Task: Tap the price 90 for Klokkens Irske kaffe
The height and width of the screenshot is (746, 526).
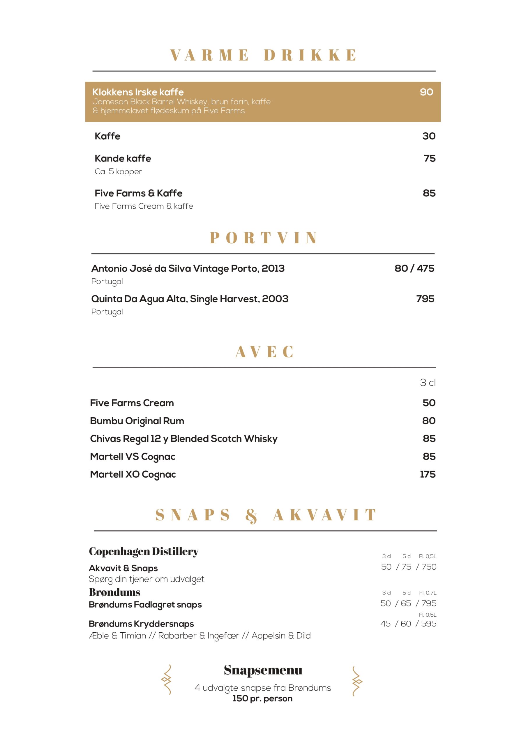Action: click(426, 92)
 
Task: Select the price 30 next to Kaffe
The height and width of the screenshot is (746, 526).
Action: click(429, 136)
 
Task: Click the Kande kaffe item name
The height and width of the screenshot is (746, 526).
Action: click(123, 159)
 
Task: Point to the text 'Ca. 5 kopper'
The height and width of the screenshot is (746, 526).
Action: click(118, 172)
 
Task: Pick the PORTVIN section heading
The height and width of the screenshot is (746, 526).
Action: click(263, 237)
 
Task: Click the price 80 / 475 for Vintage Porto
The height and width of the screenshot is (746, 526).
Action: click(414, 268)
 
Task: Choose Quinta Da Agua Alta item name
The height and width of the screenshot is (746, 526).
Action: click(190, 299)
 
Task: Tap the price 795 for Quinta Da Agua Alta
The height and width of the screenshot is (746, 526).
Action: click(425, 299)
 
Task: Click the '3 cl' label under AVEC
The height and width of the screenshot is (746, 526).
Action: click(428, 383)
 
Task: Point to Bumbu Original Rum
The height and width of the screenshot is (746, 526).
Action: click(137, 421)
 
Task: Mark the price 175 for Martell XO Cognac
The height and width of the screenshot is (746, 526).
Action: click(428, 474)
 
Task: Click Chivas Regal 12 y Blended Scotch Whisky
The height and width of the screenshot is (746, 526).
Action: click(184, 439)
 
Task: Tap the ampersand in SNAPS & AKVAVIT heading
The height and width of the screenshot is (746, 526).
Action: click(251, 515)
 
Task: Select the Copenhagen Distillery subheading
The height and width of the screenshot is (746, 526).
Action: click(144, 551)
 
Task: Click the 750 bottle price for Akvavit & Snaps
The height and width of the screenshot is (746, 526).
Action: click(429, 567)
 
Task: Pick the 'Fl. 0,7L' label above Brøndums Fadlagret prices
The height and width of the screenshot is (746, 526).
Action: click(428, 593)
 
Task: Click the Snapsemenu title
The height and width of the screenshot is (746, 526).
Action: click(263, 670)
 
